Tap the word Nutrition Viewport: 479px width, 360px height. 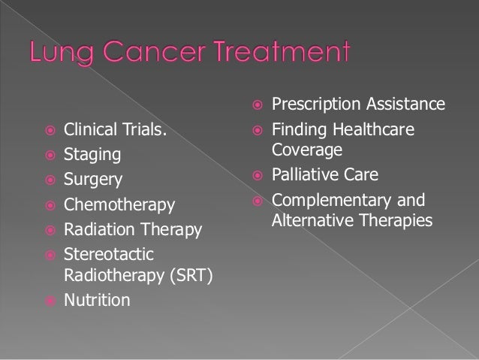coord(96,301)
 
